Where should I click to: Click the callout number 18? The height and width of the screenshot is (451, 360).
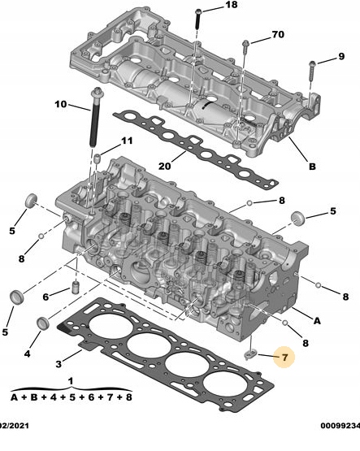coord(232,6)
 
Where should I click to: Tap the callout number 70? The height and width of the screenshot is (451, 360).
coord(278,35)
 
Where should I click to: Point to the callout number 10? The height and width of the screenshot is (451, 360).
coord(61,105)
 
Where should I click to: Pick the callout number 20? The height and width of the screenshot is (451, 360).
coord(165,166)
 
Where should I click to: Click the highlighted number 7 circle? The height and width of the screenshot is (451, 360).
coord(284,357)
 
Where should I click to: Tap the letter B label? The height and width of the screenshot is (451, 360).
coord(311,168)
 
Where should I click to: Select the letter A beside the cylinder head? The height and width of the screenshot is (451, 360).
coord(317,320)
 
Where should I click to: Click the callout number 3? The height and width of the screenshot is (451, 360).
coord(58,362)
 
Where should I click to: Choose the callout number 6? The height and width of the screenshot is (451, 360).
coord(46,294)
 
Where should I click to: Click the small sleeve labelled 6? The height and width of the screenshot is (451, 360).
coord(73,289)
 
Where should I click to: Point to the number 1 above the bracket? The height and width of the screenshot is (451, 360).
coord(71,380)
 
